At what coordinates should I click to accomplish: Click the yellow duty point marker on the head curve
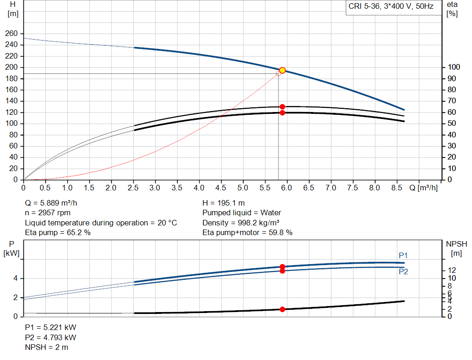(x=282, y=71)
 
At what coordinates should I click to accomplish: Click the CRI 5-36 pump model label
(x=391, y=7)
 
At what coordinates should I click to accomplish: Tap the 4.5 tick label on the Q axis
(x=221, y=188)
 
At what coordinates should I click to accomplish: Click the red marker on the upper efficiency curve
(x=282, y=106)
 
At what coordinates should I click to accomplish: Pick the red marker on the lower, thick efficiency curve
(x=282, y=112)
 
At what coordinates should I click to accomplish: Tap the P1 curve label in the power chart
(x=403, y=255)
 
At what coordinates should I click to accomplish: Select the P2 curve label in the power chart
(x=403, y=271)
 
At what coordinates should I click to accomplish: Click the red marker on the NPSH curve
(x=282, y=309)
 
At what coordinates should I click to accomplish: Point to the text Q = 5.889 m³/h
(x=55, y=203)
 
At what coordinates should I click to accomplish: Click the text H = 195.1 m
(x=224, y=203)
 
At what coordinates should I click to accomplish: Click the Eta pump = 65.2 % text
(x=58, y=232)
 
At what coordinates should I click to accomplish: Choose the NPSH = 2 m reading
(x=47, y=347)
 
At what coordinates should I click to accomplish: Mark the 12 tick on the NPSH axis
(x=452, y=270)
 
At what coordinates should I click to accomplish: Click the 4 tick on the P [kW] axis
(x=15, y=278)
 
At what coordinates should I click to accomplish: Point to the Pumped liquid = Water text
(x=242, y=212)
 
